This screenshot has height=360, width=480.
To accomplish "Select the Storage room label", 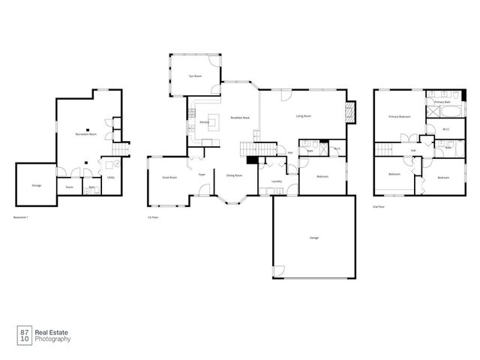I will tap(37, 184).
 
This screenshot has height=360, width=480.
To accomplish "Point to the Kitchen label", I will tap(204, 122).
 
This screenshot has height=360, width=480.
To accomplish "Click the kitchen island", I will tap(213, 120).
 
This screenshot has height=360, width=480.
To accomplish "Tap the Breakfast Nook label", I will tap(239, 118).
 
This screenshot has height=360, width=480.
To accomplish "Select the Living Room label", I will tap(304, 116).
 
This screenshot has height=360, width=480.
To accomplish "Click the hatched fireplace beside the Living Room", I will tap(349, 113).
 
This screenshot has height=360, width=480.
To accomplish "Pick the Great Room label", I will tap(169, 178).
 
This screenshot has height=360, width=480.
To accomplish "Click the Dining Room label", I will tap(234, 175).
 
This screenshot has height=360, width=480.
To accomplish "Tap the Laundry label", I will tap(276, 181).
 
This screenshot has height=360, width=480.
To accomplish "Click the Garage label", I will tap(314, 238).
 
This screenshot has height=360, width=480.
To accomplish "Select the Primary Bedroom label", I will tap(399, 117).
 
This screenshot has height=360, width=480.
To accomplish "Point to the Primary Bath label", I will tap(442, 101).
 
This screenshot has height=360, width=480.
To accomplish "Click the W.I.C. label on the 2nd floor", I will tap(445, 129).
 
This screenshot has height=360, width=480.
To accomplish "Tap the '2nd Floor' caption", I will tap(379, 206).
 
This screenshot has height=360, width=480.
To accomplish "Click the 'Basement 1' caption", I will tap(21, 217).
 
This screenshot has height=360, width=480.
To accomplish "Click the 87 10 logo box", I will tap(25, 334).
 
